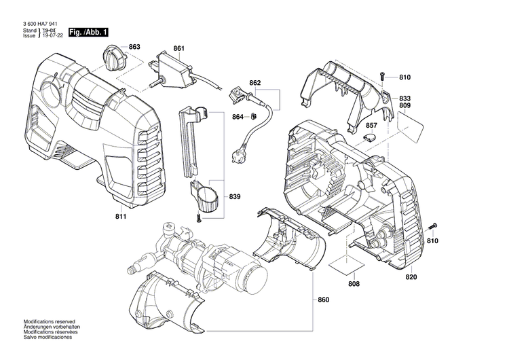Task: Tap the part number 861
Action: [x=178, y=48]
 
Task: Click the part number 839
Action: [x=235, y=197]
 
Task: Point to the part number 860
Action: [x=324, y=300]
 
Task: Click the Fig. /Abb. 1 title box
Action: [x=87, y=32]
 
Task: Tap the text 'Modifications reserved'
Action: [x=50, y=321]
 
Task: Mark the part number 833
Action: [x=423, y=98]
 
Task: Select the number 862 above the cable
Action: [x=255, y=83]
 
